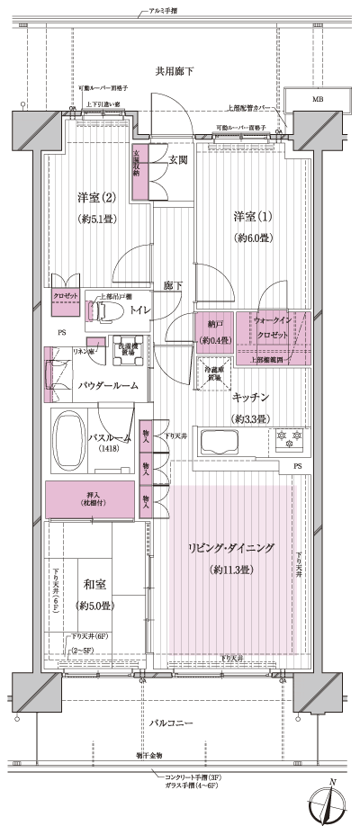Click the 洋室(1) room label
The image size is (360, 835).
252,217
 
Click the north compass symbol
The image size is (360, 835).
328,805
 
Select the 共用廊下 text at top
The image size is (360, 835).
174,70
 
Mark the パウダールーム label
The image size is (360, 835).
107,385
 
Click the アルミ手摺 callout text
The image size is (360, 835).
162,11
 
